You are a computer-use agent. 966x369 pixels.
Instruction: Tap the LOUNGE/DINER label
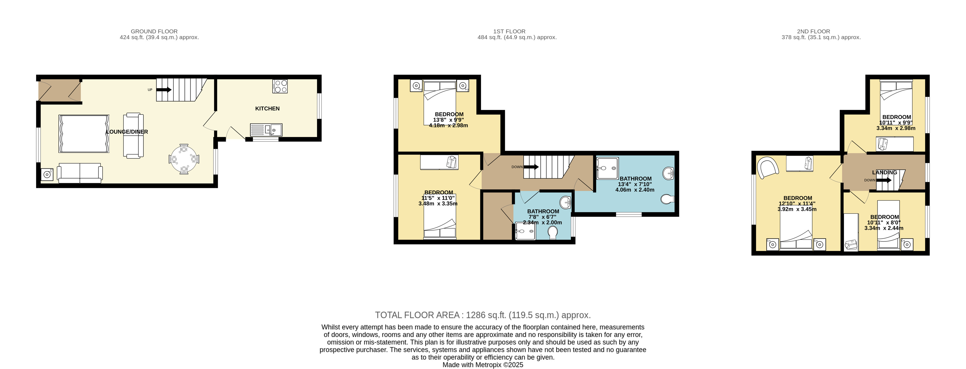coord(127,132)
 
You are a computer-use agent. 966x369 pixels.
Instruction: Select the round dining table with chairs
coord(184,159)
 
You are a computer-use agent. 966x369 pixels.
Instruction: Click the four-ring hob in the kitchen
coord(280,86)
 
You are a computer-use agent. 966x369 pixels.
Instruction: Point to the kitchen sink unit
coord(266,130)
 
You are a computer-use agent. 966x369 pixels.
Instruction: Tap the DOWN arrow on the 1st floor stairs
coord(531,167)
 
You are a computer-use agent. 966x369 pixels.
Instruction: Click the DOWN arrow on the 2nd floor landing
coord(884,180)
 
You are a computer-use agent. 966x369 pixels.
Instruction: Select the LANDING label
coord(885,173)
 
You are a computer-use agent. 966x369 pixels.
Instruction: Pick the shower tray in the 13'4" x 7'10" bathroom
coord(607,168)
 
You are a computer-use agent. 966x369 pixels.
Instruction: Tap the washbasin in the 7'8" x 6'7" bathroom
coord(565,203)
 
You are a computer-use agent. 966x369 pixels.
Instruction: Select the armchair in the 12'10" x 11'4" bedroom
coord(768,168)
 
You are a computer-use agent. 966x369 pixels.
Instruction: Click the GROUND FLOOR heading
coord(154,31)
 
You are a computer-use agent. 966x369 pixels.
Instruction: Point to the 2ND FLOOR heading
coord(813,31)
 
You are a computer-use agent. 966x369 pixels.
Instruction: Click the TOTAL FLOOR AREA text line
coord(483,315)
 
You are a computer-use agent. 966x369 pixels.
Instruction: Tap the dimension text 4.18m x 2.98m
coord(448,126)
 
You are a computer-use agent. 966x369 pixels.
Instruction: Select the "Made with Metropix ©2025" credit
coord(483,365)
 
